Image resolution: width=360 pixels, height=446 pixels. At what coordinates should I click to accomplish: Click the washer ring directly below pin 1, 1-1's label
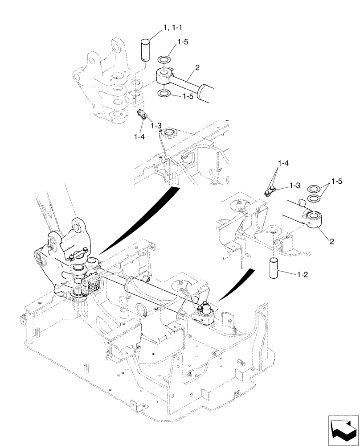click(x=164, y=59)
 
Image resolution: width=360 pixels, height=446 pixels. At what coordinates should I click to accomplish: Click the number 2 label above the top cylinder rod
click(x=197, y=67)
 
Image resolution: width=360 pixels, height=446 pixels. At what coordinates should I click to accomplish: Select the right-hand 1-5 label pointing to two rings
click(x=338, y=182)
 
